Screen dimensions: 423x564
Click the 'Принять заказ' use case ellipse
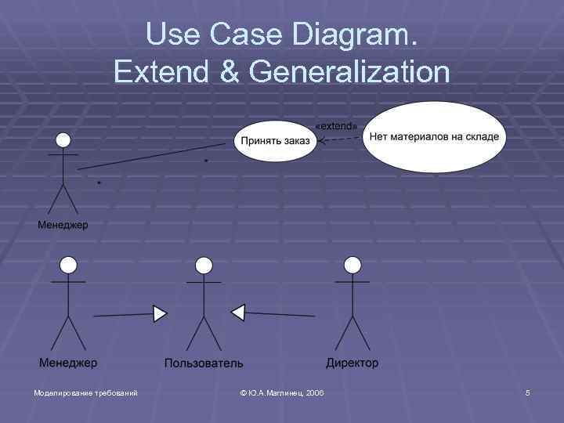coord(275,141)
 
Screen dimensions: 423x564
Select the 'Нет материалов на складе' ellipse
coord(433,137)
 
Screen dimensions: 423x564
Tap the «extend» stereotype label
coord(335,125)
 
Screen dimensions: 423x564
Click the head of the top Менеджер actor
coord(63,139)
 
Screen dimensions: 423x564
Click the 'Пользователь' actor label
coord(204,363)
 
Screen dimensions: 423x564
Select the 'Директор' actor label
coord(352,363)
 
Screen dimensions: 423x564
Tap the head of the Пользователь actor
coord(203,265)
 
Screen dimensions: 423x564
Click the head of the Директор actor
coord(353,264)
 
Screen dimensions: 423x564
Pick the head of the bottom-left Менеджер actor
coord(68,264)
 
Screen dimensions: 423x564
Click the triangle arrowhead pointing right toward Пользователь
coord(161,314)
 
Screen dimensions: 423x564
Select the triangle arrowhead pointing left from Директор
coord(238,313)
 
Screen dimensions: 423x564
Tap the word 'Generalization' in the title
coord(349,71)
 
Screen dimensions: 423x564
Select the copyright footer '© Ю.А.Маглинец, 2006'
coord(282,392)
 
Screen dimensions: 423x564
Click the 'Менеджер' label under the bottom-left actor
coord(68,363)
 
